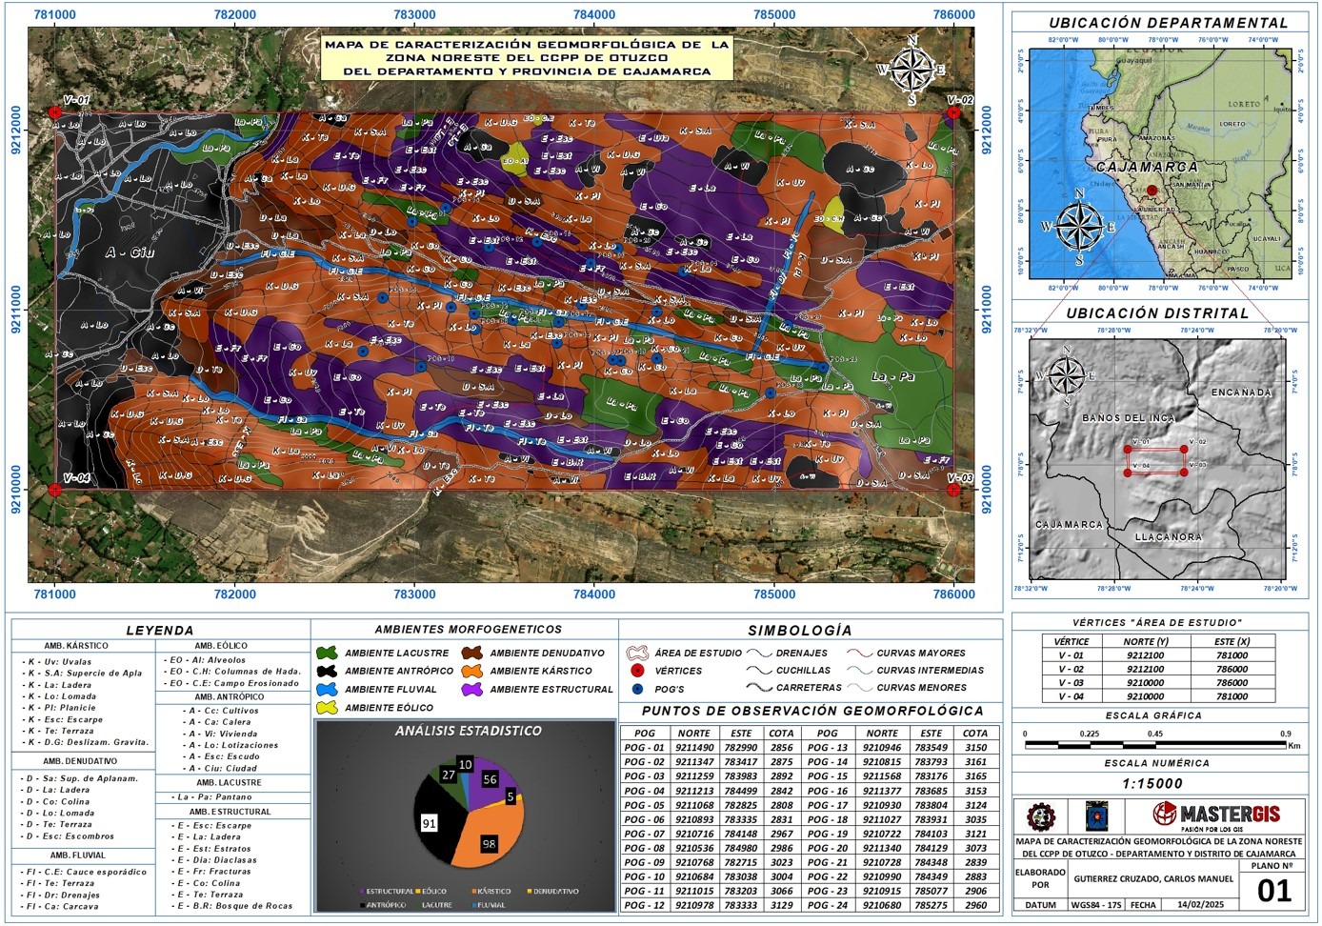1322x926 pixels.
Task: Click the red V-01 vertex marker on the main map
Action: tap(55, 112)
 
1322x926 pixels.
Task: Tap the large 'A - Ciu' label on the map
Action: tap(130, 252)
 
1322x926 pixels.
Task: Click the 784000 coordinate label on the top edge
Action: tap(594, 14)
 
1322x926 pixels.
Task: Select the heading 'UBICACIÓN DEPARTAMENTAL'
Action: tap(1168, 23)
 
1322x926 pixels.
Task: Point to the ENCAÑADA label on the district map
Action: tap(1241, 393)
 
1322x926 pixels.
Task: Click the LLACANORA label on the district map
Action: tap(1169, 537)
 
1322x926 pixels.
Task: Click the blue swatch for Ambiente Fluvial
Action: tap(327, 689)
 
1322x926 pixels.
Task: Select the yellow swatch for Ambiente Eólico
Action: tap(327, 708)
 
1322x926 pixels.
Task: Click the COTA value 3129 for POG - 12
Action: tap(781, 905)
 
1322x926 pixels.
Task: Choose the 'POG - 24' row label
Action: tap(827, 905)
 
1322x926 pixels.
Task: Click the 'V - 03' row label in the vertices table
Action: tap(1071, 683)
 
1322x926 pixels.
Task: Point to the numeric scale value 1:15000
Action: tap(1152, 784)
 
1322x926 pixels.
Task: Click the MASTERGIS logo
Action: tap(1216, 815)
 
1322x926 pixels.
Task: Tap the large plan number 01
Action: tap(1274, 891)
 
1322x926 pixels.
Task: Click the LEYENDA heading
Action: tap(160, 630)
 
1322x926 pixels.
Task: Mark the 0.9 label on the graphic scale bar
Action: tap(1286, 735)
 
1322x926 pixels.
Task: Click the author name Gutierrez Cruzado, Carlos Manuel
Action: tap(1153, 879)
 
